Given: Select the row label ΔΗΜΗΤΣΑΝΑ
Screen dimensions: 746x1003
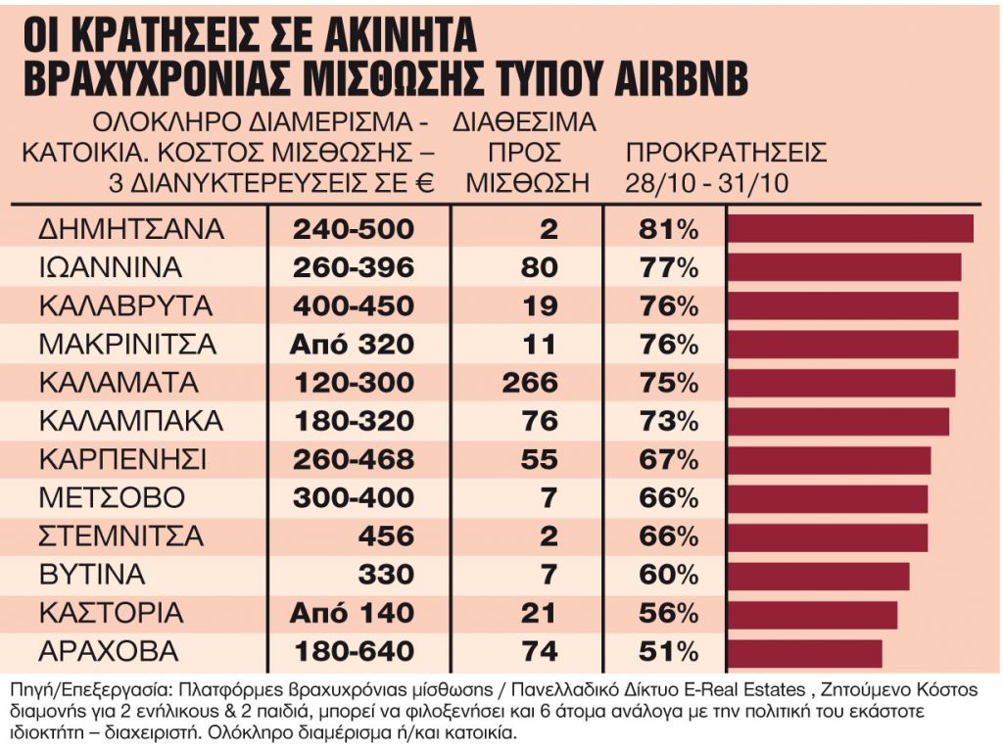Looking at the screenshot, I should tap(131, 229).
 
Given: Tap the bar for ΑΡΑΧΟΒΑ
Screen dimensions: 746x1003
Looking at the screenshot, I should tap(804, 652).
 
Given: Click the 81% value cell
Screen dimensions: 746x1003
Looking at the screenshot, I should tap(665, 229).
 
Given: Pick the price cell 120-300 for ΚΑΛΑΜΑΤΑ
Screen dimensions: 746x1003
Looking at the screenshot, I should tap(354, 383).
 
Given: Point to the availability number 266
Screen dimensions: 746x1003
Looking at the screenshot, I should tap(529, 383).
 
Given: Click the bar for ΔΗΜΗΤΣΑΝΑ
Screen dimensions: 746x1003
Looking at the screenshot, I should tap(849, 229).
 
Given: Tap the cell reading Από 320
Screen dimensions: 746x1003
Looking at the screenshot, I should tap(352, 345).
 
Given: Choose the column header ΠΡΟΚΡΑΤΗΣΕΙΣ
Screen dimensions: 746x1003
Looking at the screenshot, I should tap(726, 154).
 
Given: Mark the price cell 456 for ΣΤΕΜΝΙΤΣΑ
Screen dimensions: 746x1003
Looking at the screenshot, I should tap(386, 536).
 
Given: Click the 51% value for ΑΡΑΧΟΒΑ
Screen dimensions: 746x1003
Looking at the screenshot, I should tap(665, 652).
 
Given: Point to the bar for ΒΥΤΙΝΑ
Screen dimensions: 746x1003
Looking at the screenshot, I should tap(818, 576).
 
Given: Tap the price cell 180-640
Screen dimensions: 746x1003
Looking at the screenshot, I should tap(354, 652).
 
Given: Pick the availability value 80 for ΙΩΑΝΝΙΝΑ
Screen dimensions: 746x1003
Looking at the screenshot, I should tap(539, 267).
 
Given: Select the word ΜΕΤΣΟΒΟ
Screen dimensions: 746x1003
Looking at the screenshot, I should tap(111, 498).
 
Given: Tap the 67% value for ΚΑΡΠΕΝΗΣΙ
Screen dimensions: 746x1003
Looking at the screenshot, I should tap(665, 460).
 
